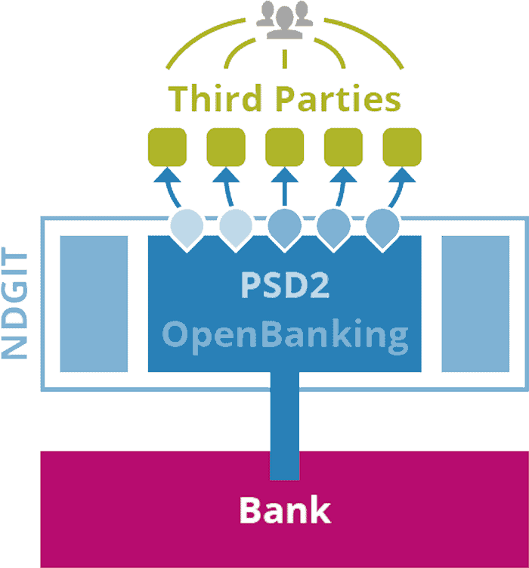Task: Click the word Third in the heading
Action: point(213,99)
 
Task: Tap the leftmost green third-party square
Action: point(166,147)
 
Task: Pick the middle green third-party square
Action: point(284,147)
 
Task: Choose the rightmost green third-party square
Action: point(402,147)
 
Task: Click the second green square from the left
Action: point(225,147)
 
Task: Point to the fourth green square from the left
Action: point(343,147)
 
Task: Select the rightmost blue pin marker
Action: point(382,225)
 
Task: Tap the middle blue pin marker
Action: point(285,225)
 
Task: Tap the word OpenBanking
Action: point(285,334)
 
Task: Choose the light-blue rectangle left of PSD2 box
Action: point(94,304)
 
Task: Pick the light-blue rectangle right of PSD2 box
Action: point(475,304)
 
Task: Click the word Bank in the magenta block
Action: point(285,510)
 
